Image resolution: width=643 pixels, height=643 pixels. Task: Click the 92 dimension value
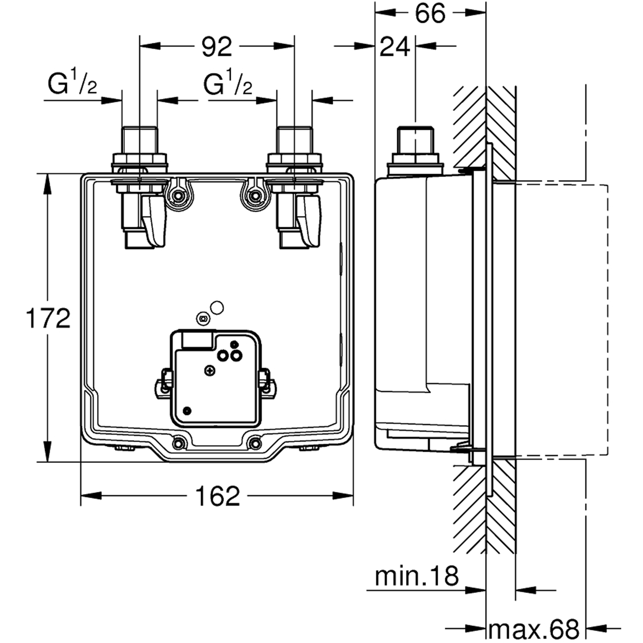click(x=217, y=47)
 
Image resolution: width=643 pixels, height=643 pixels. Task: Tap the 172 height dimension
click(x=48, y=318)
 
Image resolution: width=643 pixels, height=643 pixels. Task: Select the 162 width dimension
click(x=217, y=496)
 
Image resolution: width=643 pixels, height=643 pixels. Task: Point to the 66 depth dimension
click(x=430, y=13)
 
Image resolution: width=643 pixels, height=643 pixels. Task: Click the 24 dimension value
click(x=394, y=47)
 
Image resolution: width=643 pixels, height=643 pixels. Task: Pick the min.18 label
click(x=416, y=576)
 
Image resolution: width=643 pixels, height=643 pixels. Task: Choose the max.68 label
click(x=534, y=629)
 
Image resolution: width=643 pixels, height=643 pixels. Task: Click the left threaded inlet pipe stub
click(x=139, y=139)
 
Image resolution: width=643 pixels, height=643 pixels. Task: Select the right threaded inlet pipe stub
click(x=294, y=139)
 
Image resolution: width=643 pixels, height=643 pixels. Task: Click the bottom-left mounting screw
click(x=178, y=443)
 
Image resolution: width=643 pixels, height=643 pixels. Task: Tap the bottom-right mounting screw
click(x=255, y=443)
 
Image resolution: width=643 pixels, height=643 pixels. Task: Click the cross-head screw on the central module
click(x=209, y=371)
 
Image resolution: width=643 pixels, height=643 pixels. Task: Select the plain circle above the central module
click(x=217, y=308)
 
